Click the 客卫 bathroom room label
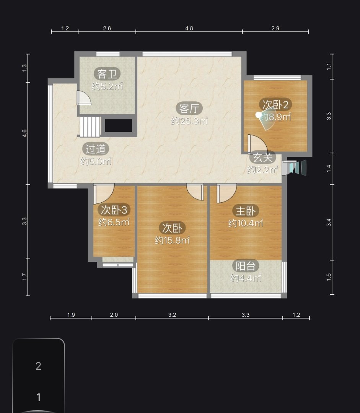[107, 74]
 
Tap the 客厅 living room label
[189, 108]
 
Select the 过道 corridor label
[96, 149]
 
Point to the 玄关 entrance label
[263, 158]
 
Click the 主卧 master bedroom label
[246, 211]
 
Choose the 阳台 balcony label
[246, 266]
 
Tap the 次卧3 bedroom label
[114, 210]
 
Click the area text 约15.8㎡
[172, 240]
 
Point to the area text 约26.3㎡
[189, 120]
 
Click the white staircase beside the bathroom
[90, 127]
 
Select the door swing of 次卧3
[104, 193]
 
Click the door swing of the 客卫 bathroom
[84, 98]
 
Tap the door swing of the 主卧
[226, 193]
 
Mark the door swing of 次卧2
[257, 144]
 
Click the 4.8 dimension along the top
[189, 28]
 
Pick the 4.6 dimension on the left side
[24, 133]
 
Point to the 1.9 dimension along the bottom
[71, 314]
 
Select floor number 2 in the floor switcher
[39, 366]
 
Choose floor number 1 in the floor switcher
[39, 397]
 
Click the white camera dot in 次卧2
[259, 115]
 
